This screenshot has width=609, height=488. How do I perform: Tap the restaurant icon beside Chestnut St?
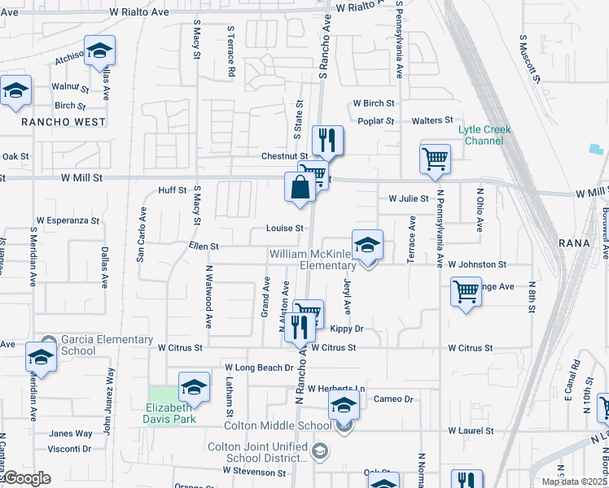pyautogui.click(x=327, y=141)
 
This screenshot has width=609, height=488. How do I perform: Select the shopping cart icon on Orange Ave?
pyautogui.click(x=466, y=292)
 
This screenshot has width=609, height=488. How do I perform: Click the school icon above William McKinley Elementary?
pyautogui.click(x=368, y=245)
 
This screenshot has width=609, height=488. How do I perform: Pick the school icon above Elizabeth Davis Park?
pyautogui.click(x=194, y=387)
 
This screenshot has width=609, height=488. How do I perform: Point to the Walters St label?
pyautogui.click(x=432, y=120)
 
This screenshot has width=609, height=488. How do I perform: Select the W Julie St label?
pyautogui.click(x=409, y=198)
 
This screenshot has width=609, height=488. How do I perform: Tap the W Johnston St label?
pyautogui.click(x=477, y=264)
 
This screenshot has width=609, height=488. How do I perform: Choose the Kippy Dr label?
pyautogui.click(x=346, y=329)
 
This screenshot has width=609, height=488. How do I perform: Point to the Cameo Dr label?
pyautogui.click(x=394, y=399)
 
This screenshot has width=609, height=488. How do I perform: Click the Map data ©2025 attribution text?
pyautogui.click(x=574, y=481)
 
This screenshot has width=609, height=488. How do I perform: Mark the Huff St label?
pyautogui.click(x=173, y=191)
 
